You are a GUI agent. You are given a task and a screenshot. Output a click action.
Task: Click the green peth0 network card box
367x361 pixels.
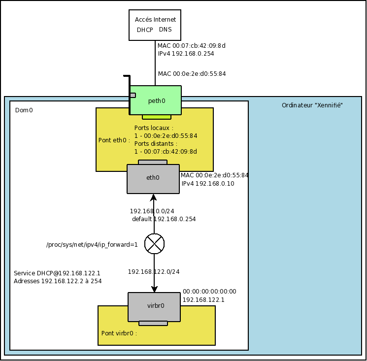(x=156, y=100)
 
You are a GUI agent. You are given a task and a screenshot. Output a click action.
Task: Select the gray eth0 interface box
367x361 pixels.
(x=153, y=178)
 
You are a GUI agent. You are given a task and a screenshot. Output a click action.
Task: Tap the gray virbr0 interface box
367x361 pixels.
(x=155, y=306)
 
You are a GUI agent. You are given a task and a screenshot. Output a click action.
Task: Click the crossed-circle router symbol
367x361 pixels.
(x=154, y=244)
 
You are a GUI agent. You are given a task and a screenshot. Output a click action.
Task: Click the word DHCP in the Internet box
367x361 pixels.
(x=145, y=30)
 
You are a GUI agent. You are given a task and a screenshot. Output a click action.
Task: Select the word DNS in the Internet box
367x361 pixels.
(x=166, y=30)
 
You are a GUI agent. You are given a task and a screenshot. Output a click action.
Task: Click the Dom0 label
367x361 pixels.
(x=24, y=110)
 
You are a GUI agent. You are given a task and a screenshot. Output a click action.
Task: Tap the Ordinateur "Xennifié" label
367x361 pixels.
(x=312, y=105)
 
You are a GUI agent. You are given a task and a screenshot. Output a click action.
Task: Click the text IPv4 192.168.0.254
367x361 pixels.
(x=186, y=53)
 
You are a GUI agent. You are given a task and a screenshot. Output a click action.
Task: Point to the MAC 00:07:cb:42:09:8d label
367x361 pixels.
(x=191, y=45)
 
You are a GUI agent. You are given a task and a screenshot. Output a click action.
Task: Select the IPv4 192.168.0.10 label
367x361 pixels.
(x=207, y=184)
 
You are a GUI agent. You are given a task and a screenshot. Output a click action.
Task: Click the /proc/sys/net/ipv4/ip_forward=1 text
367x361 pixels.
(x=92, y=244)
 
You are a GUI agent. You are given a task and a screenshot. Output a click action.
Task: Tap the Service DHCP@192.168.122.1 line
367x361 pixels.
(x=57, y=273)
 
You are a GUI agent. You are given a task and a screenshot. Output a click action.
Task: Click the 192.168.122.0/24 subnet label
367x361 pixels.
(x=154, y=271)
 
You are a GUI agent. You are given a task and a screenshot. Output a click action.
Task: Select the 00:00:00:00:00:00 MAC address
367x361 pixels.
(x=209, y=292)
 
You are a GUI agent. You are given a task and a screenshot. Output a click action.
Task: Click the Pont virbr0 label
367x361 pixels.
(x=119, y=333)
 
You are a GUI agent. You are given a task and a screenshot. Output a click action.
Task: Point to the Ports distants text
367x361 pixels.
(x=156, y=144)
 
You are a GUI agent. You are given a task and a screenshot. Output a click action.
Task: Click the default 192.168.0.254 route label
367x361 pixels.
(x=164, y=219)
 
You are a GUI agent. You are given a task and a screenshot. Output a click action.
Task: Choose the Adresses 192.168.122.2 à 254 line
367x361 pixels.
(x=58, y=281)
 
